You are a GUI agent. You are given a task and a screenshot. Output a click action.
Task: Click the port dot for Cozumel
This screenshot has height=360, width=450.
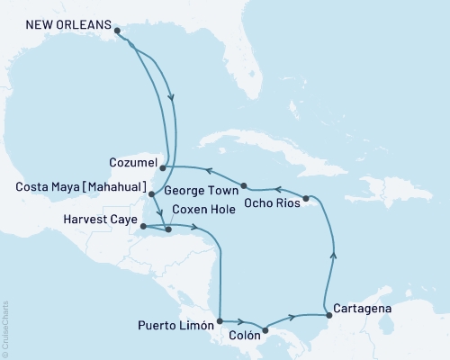coord(162,166)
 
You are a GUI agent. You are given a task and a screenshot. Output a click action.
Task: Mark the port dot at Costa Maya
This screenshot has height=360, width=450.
coord(150,193)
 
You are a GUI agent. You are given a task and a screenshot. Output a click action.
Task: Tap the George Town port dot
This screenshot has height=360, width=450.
coord(242,188)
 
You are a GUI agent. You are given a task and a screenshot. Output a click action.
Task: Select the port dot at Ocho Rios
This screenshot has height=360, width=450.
coord(306,198)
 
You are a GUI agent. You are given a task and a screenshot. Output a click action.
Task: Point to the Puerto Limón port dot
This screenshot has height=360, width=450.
coord(220,319)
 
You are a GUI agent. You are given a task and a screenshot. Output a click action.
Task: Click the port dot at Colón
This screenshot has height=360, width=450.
coord(265,329)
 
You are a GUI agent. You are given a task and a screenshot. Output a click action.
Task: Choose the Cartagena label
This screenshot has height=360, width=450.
coord(361,308)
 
